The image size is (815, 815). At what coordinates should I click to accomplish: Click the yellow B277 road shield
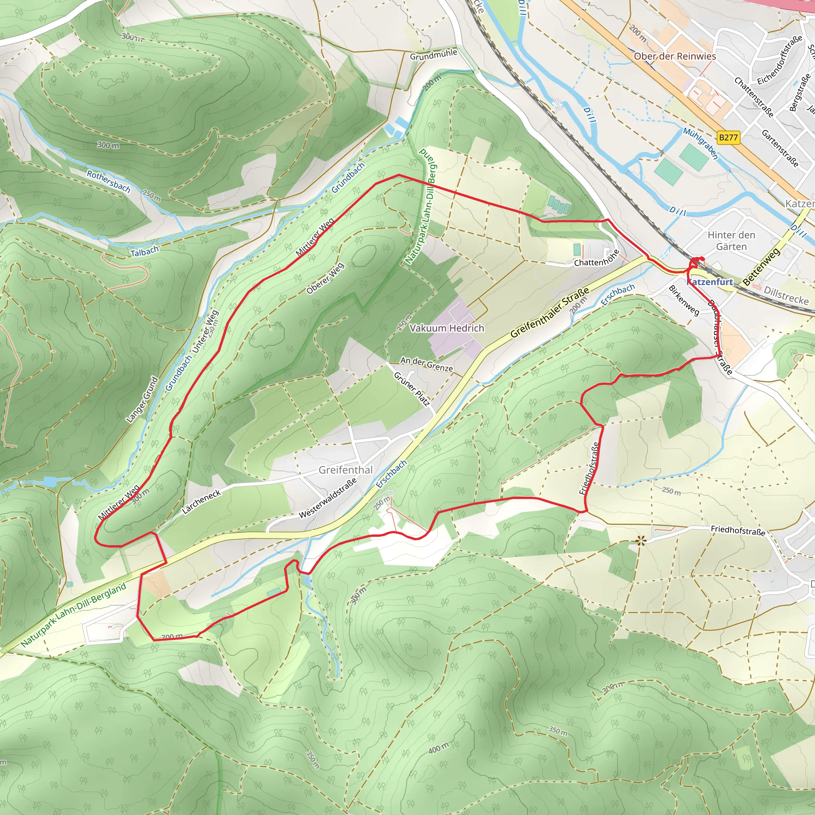(x=728, y=138)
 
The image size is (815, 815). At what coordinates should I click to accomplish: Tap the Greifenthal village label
(x=345, y=470)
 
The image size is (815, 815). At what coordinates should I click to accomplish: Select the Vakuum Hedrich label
(x=447, y=328)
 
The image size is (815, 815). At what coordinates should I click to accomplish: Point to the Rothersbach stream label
(x=108, y=181)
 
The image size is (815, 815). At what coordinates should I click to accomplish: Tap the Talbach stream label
(x=144, y=252)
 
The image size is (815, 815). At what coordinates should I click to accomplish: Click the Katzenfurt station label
(x=710, y=282)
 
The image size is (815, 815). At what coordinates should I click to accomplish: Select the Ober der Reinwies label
(x=675, y=56)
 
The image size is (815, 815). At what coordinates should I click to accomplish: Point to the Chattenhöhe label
(x=597, y=258)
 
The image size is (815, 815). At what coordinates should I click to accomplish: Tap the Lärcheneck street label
(x=201, y=501)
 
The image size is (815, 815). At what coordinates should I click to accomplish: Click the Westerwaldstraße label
(x=328, y=498)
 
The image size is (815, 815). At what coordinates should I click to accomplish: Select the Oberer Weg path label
(x=325, y=279)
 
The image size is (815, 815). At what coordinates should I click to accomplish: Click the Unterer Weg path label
(x=205, y=331)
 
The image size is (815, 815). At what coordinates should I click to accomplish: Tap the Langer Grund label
(x=142, y=400)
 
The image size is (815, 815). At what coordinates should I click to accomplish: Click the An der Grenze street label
(x=427, y=364)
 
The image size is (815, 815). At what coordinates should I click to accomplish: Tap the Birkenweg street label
(x=684, y=300)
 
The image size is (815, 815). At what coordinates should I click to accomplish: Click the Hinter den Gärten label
(x=731, y=240)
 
